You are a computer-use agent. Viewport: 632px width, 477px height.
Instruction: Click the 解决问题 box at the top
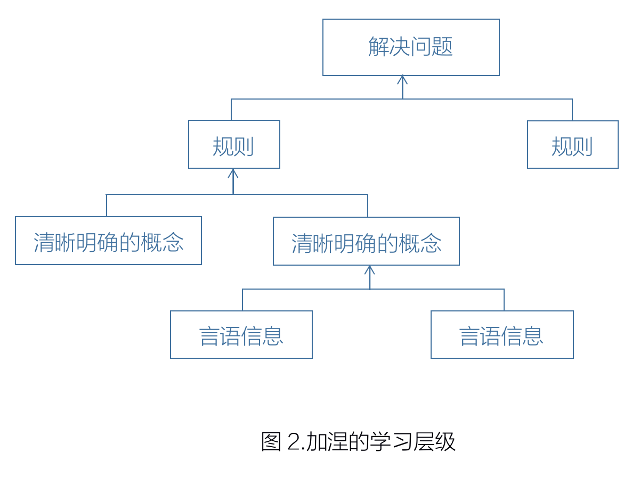[x=411, y=47]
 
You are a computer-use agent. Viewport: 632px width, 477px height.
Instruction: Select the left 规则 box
[x=234, y=145]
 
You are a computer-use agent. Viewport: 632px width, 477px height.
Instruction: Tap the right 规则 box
[x=572, y=145]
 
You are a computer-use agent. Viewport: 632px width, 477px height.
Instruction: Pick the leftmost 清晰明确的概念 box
[x=108, y=241]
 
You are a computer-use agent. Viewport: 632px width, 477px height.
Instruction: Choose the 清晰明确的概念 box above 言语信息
[x=366, y=241]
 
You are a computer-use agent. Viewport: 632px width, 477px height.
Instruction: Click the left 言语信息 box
[x=241, y=335]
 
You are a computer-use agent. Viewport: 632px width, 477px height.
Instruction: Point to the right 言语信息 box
[x=502, y=335]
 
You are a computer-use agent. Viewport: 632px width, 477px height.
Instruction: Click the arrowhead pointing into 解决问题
[x=402, y=80]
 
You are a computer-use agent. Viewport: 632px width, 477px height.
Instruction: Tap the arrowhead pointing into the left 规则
[x=233, y=173]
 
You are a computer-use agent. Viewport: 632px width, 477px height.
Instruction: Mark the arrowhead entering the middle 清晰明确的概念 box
[x=370, y=269]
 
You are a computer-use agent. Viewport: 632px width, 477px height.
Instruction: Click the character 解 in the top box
[x=378, y=47]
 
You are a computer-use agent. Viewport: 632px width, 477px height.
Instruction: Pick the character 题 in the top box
[x=443, y=47]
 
